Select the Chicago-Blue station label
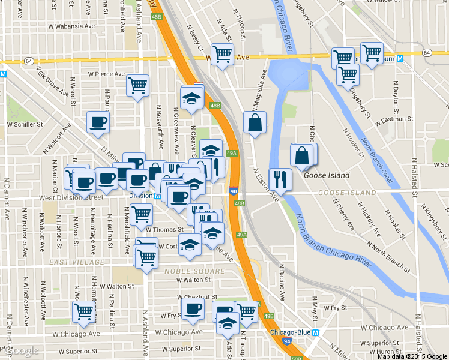pos(290,333)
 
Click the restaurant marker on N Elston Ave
pos(280,179)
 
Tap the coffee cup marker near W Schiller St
pos(98,122)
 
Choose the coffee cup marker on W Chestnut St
pos(193,310)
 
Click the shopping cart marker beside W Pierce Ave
pos(137,85)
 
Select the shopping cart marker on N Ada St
pos(223,54)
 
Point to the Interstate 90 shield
pos(234,191)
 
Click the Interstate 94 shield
pos(288,341)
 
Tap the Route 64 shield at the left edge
pos(29,61)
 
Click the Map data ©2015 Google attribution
pos(412,356)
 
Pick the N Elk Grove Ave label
pos(53,83)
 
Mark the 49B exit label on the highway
pos(268,316)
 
